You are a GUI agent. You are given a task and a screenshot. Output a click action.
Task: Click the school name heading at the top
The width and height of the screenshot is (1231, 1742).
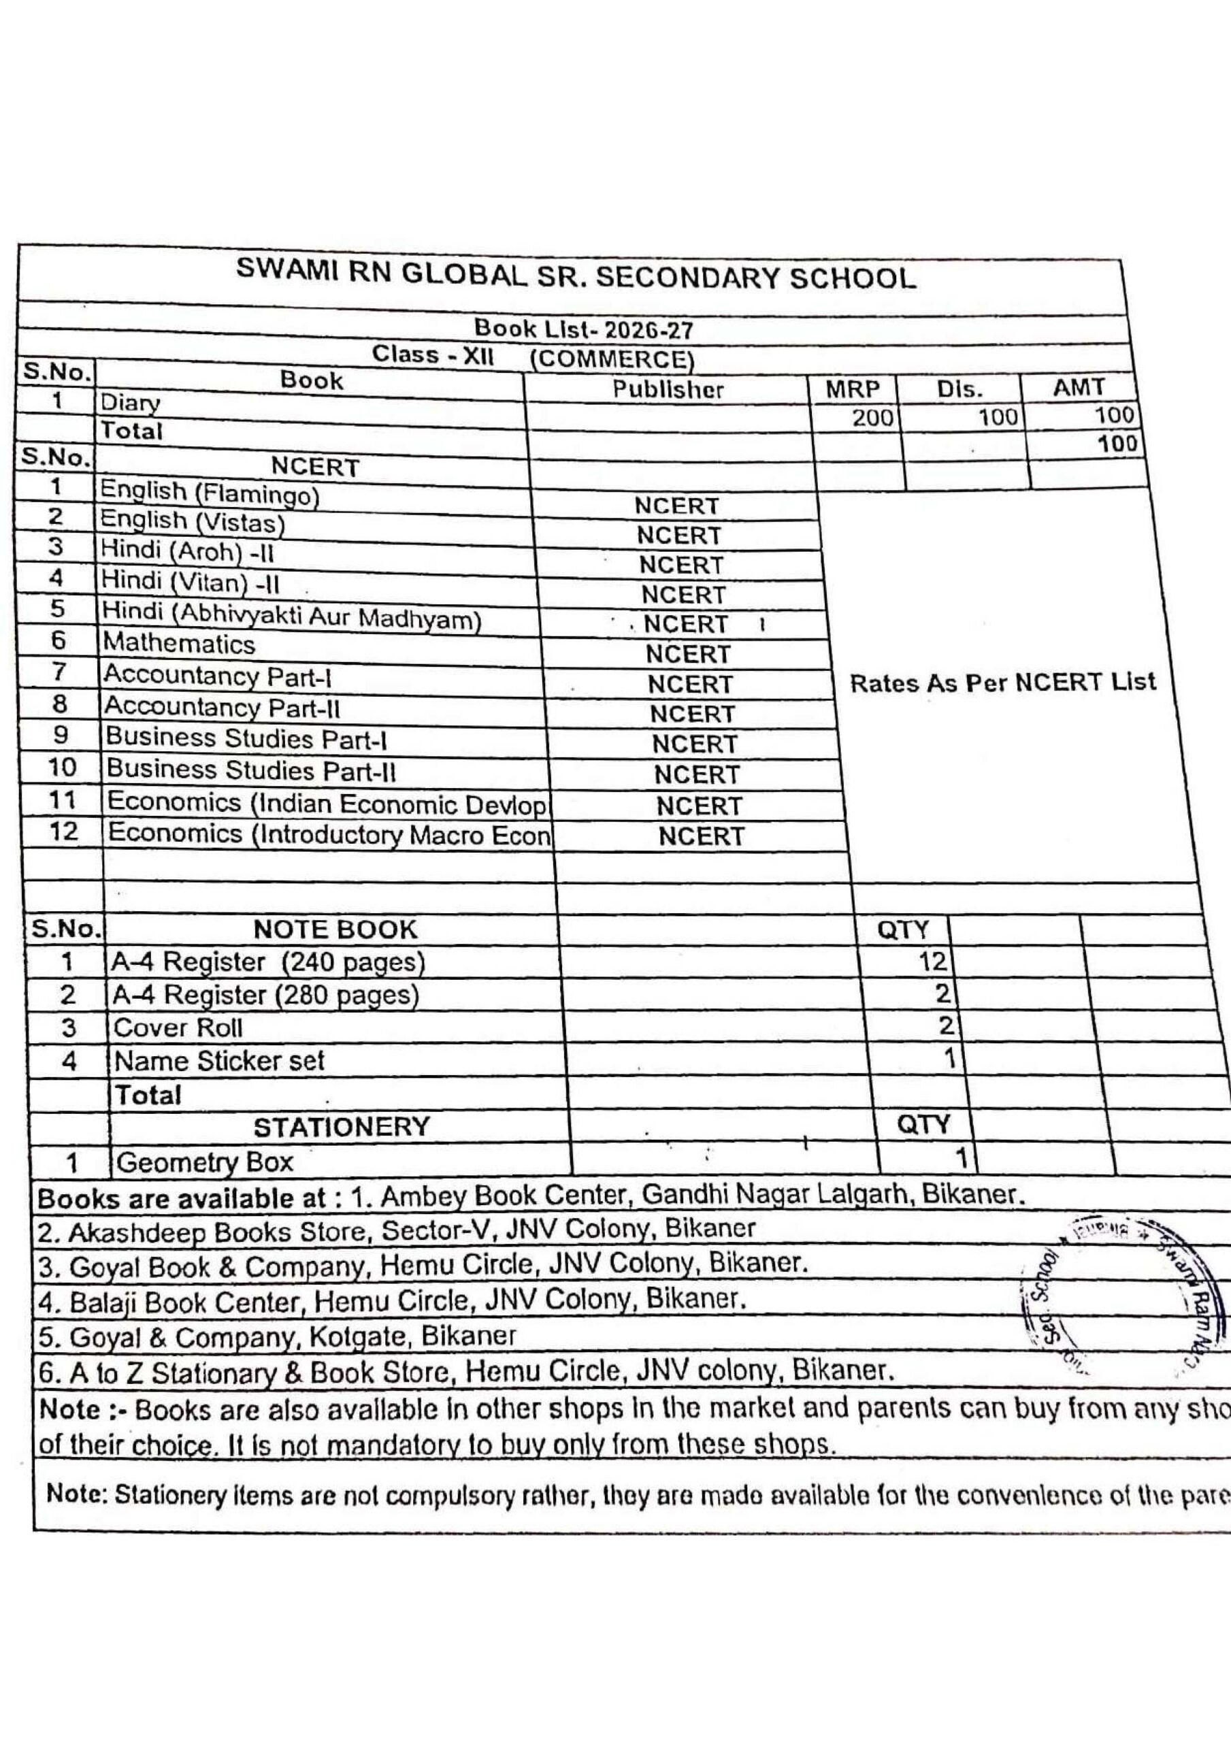click(x=576, y=276)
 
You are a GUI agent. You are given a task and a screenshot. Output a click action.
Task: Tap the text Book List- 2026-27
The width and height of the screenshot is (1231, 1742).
click(x=583, y=329)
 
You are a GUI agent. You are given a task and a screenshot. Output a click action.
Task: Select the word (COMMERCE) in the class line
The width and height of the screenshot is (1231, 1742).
click(x=612, y=359)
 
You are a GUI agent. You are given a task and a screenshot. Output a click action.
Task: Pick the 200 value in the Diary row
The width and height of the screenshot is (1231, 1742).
click(x=872, y=417)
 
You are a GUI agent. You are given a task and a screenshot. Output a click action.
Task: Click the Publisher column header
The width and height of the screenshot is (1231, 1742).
click(x=668, y=389)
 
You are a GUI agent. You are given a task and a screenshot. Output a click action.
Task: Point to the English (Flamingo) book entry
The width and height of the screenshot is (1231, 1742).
click(x=210, y=493)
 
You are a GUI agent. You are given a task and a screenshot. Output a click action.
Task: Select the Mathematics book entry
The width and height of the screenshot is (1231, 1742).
click(x=179, y=644)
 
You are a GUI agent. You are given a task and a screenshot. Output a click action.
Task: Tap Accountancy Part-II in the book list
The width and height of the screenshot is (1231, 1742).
click(x=222, y=707)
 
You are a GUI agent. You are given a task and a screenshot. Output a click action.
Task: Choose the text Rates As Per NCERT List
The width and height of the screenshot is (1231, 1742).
click(x=1002, y=683)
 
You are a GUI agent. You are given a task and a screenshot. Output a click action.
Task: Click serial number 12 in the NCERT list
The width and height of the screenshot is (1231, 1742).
click(x=63, y=832)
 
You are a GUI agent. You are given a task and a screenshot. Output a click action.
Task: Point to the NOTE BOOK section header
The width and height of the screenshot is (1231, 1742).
click(x=335, y=930)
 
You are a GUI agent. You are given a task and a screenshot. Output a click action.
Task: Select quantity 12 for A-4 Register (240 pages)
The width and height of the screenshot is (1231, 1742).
click(x=933, y=962)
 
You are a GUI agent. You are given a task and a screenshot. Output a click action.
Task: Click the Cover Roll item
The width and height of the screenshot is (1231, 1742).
click(x=178, y=1028)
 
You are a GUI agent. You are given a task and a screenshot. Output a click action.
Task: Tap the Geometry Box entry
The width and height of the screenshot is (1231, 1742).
click(x=204, y=1162)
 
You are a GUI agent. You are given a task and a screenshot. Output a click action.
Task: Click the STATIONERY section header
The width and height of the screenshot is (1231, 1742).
click(x=342, y=1127)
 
